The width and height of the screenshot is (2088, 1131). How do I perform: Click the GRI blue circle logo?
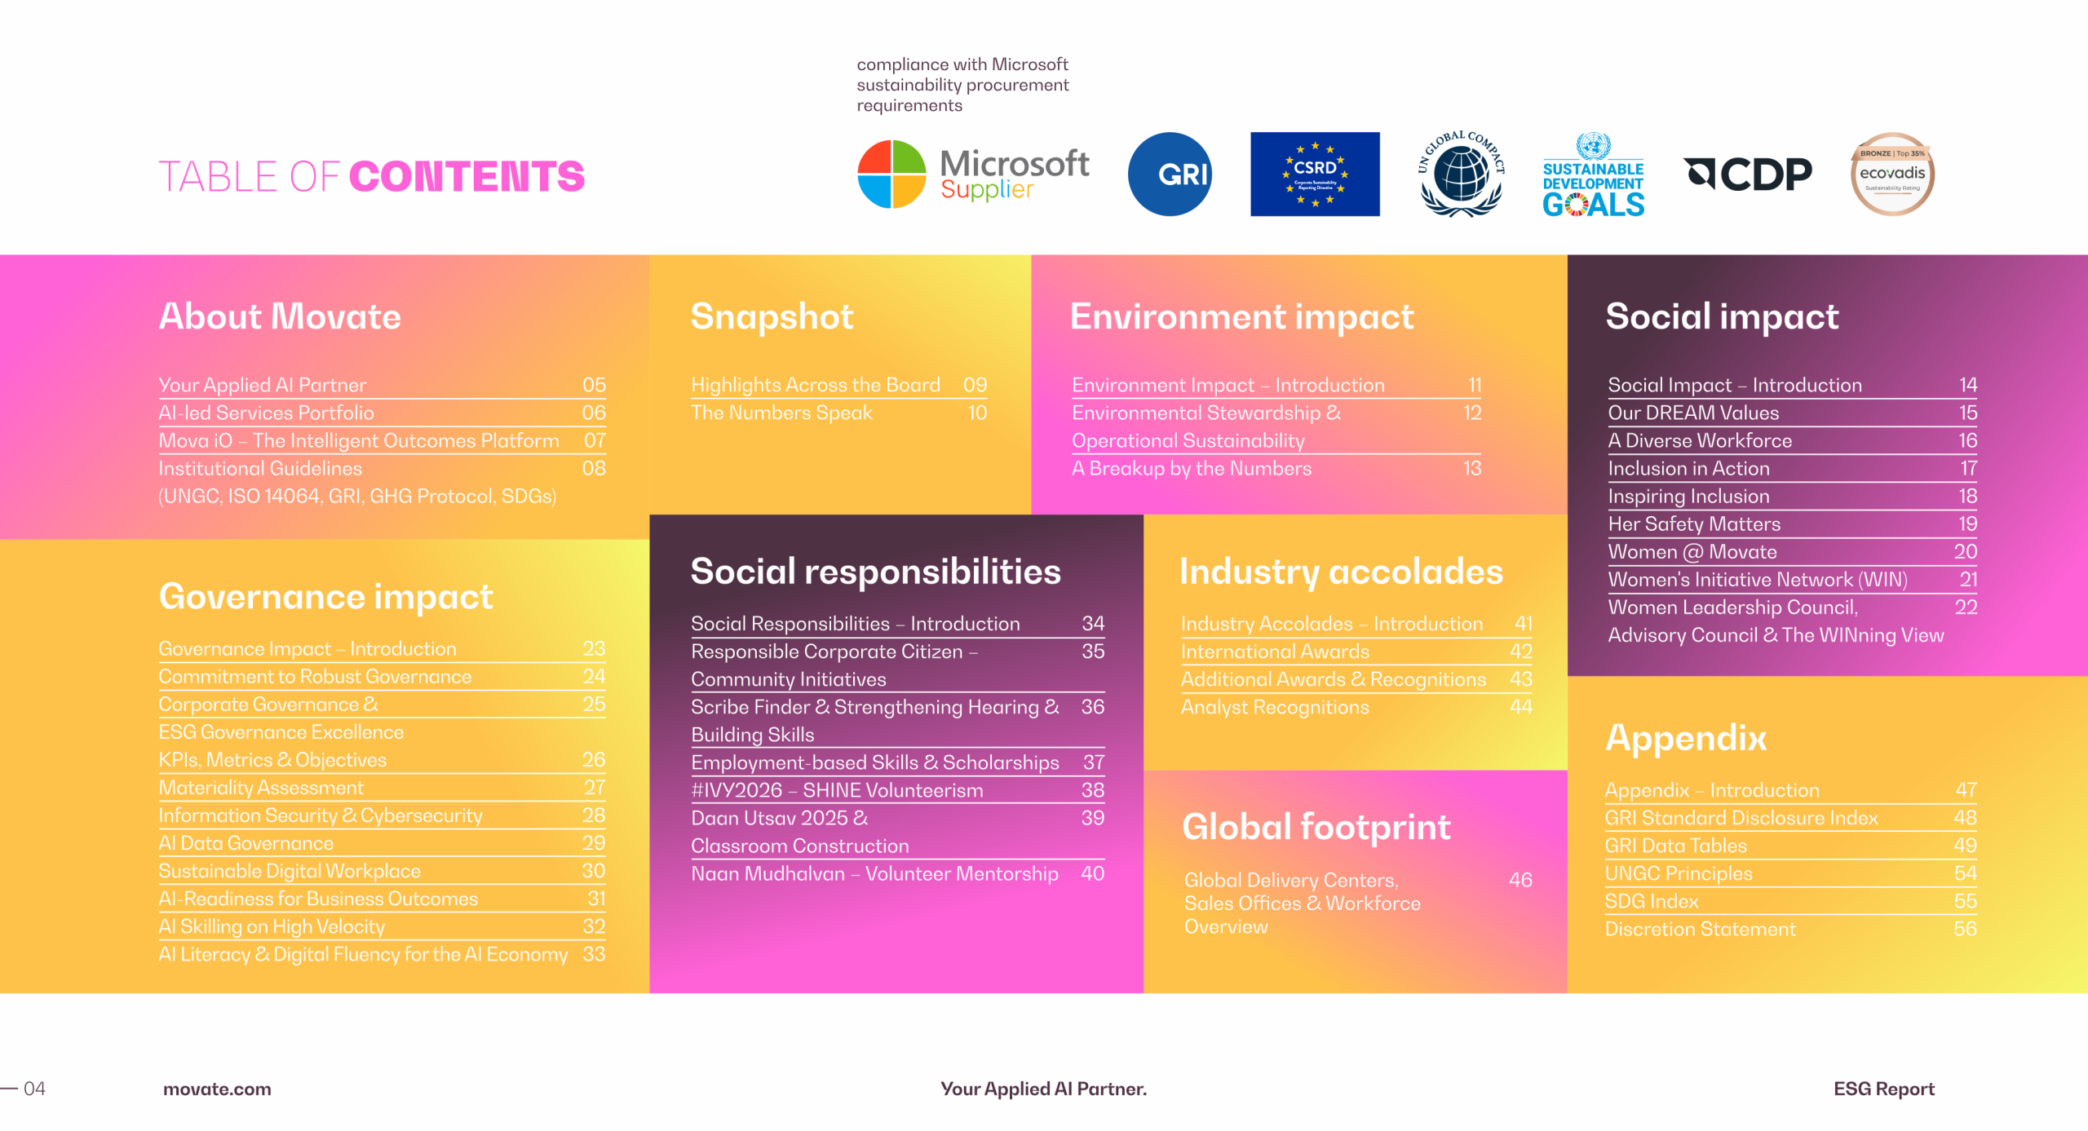1170,175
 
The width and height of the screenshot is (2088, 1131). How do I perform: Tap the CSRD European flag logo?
1315,175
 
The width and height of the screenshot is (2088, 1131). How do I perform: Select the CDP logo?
1748,174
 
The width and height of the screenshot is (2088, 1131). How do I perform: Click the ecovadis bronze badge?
1893,175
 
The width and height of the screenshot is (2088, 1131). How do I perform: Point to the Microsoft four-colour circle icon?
892,175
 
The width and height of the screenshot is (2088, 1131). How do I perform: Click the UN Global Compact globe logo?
1461,174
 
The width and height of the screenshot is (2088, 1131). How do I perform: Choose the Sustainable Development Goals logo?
1593,175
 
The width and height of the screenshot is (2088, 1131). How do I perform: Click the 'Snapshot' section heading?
772,316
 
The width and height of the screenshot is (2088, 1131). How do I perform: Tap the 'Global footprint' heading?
1316,827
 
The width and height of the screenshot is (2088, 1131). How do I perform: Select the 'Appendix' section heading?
1686,738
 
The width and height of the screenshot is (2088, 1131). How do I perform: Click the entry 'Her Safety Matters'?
1694,524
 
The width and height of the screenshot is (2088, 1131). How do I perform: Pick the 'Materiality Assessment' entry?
261,788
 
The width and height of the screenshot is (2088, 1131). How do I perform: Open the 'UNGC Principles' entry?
1679,873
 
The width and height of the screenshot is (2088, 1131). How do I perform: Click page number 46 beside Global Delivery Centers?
1520,880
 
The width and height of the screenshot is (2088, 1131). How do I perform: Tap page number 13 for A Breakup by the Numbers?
1472,468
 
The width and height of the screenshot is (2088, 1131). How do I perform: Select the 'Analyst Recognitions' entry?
1275,707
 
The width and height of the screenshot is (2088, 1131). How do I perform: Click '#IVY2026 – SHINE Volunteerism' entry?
837,790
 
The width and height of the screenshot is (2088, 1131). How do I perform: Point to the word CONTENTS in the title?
467,177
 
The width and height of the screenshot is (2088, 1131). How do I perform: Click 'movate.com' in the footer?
217,1089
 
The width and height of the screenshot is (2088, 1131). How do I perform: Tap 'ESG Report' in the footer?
1884,1089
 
